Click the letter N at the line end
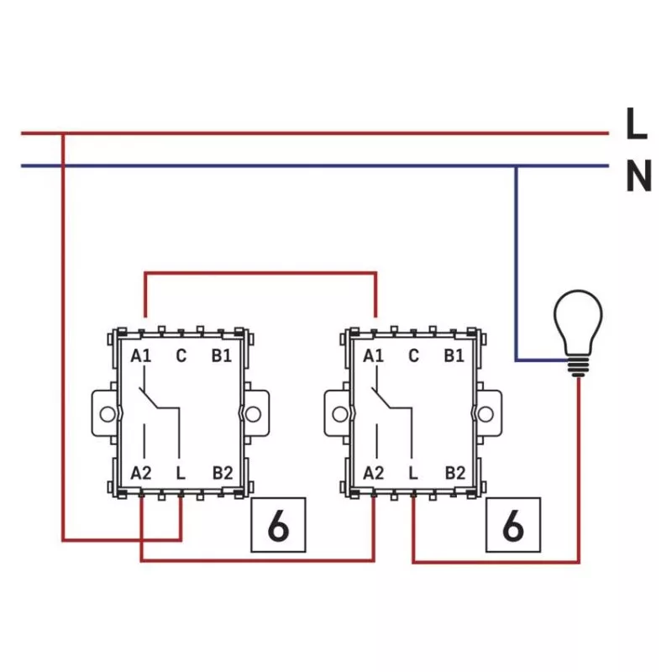tap(638, 177)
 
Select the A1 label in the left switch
tap(140, 356)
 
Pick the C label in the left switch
tap(181, 356)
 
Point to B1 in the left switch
tap(221, 356)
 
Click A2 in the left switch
tap(140, 473)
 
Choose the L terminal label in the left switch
tap(181, 473)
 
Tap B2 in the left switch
tap(222, 473)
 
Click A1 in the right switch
tap(373, 356)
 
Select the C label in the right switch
tap(413, 356)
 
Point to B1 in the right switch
tap(454, 356)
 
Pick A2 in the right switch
tap(373, 473)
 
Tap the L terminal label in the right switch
tap(413, 473)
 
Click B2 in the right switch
tap(454, 473)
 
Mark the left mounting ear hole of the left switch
tap(105, 414)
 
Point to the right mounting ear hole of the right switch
tap(486, 414)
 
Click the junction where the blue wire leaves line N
tap(517, 165)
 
